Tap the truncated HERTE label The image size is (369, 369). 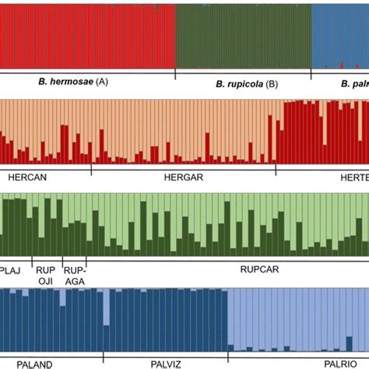point(350,177)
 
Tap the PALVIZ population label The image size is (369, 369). point(168,364)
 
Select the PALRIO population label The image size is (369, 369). point(341,364)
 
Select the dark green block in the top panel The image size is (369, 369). point(243,35)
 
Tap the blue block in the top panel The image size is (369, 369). point(339,35)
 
